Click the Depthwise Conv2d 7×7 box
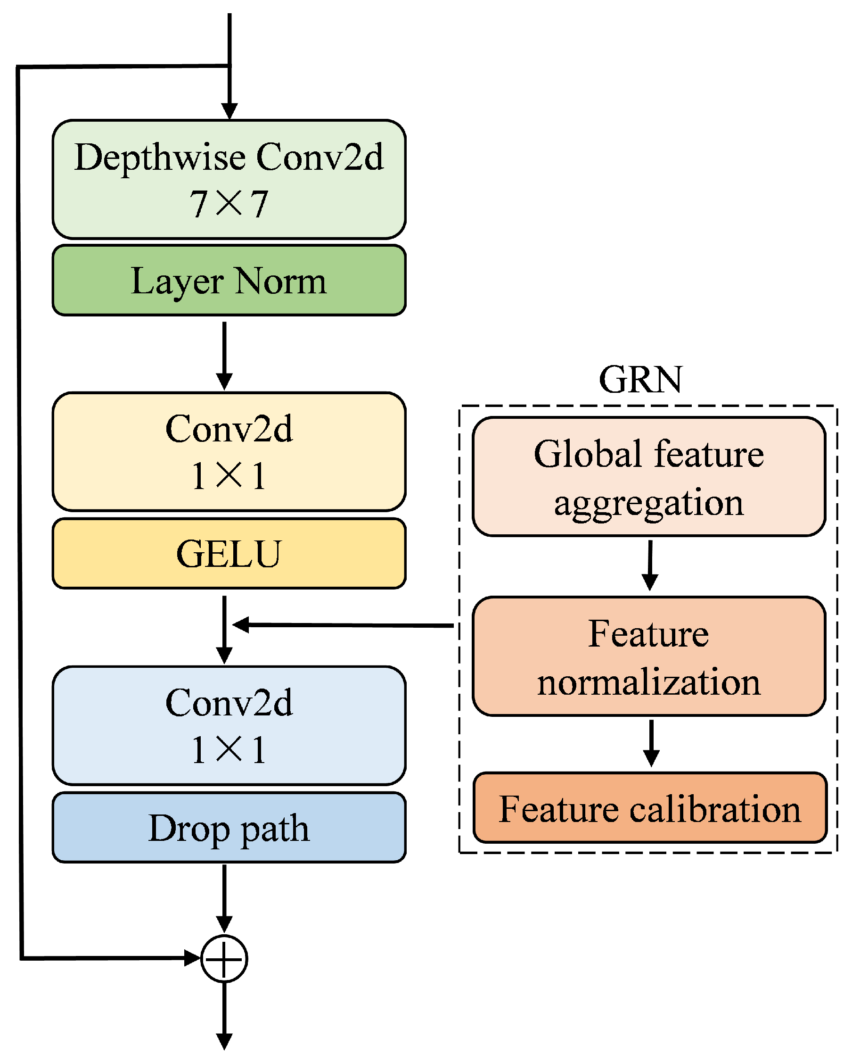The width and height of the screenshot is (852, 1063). click(x=229, y=180)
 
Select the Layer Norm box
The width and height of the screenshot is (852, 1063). click(x=229, y=281)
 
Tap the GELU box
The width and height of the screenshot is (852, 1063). click(x=229, y=553)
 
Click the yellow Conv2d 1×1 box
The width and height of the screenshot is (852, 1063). click(x=229, y=452)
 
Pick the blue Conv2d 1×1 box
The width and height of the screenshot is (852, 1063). click(x=229, y=725)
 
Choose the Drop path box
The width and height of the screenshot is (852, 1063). click(x=229, y=828)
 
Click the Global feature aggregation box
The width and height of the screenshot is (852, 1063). click(x=648, y=477)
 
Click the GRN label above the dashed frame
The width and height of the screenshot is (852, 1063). click(x=640, y=380)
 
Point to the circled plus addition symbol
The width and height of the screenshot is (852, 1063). click(x=224, y=959)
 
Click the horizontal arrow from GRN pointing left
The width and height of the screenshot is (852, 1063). click(x=345, y=625)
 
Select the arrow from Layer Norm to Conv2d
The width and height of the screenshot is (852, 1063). click(x=224, y=355)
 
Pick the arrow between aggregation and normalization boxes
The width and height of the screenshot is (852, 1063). click(x=650, y=565)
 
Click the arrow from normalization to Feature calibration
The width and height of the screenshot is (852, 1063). click(x=651, y=742)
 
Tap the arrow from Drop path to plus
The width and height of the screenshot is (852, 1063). click(x=224, y=897)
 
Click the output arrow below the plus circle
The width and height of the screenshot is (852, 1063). click(x=224, y=1016)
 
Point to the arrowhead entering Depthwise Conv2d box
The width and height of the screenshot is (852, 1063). click(x=229, y=111)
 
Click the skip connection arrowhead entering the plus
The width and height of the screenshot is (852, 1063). click(x=192, y=958)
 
